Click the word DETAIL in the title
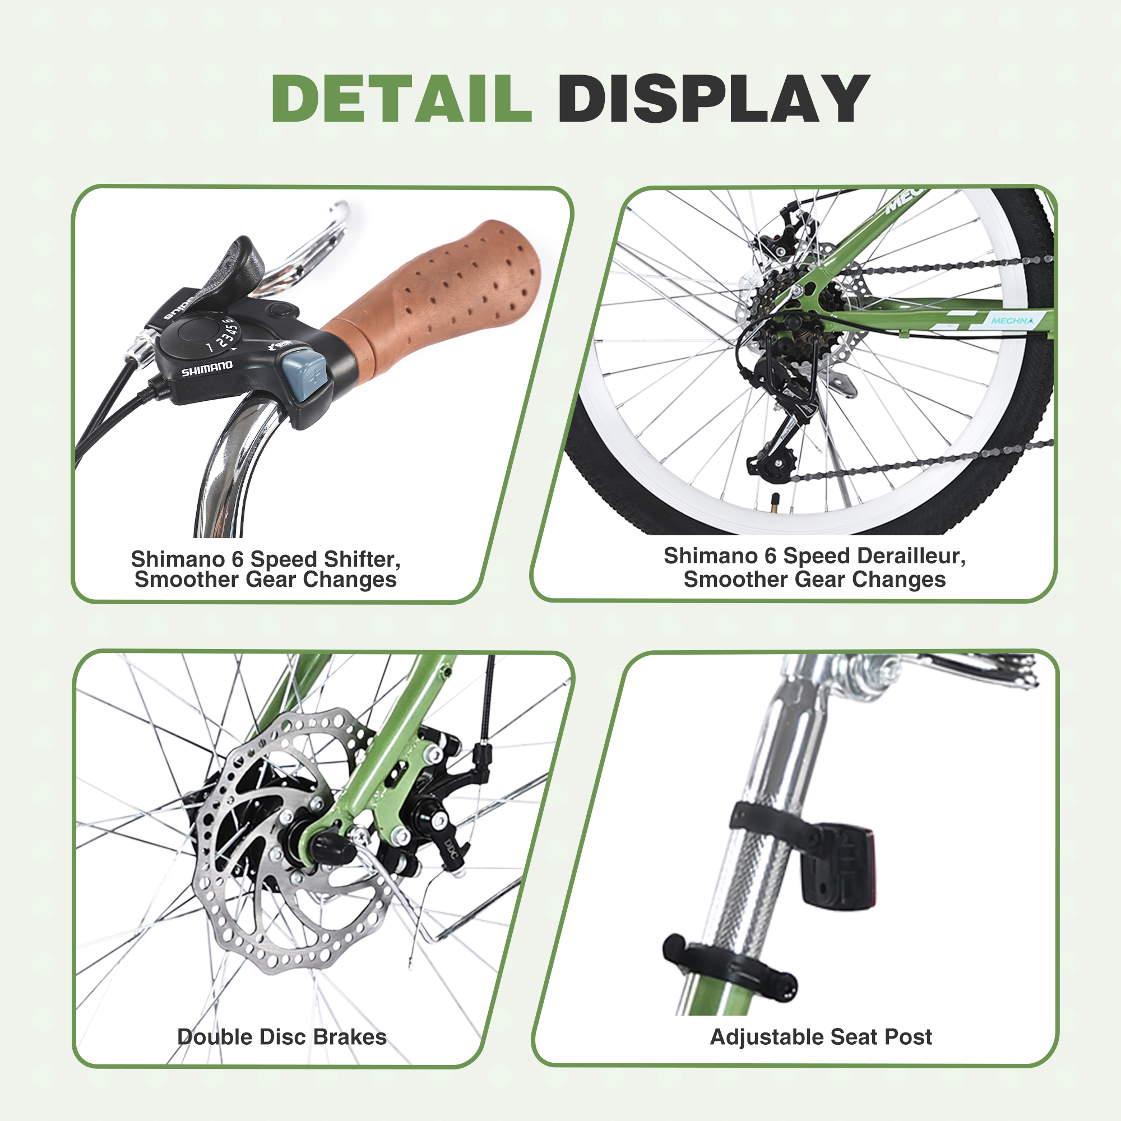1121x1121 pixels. pyautogui.click(x=401, y=99)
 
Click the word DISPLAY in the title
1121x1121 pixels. pyautogui.click(x=713, y=99)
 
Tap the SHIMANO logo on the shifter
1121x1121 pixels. pyautogui.click(x=207, y=368)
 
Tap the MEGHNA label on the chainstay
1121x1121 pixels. pyautogui.click(x=1012, y=320)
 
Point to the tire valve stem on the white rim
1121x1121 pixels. pyautogui.click(x=775, y=502)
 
